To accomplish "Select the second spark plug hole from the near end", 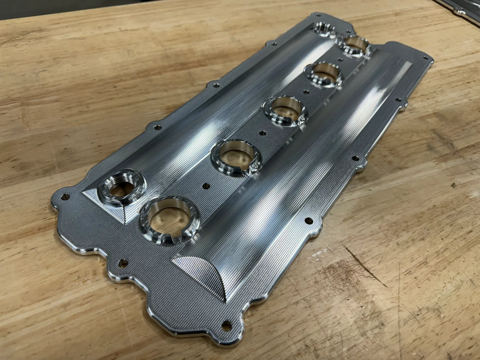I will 235,157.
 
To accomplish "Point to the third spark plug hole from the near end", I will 285,111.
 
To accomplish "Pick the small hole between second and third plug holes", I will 262,133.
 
